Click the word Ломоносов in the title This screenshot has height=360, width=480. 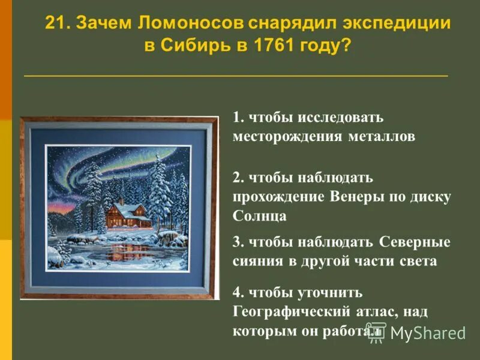coord(190,24)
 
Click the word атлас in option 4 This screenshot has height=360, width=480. coord(374,311)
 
